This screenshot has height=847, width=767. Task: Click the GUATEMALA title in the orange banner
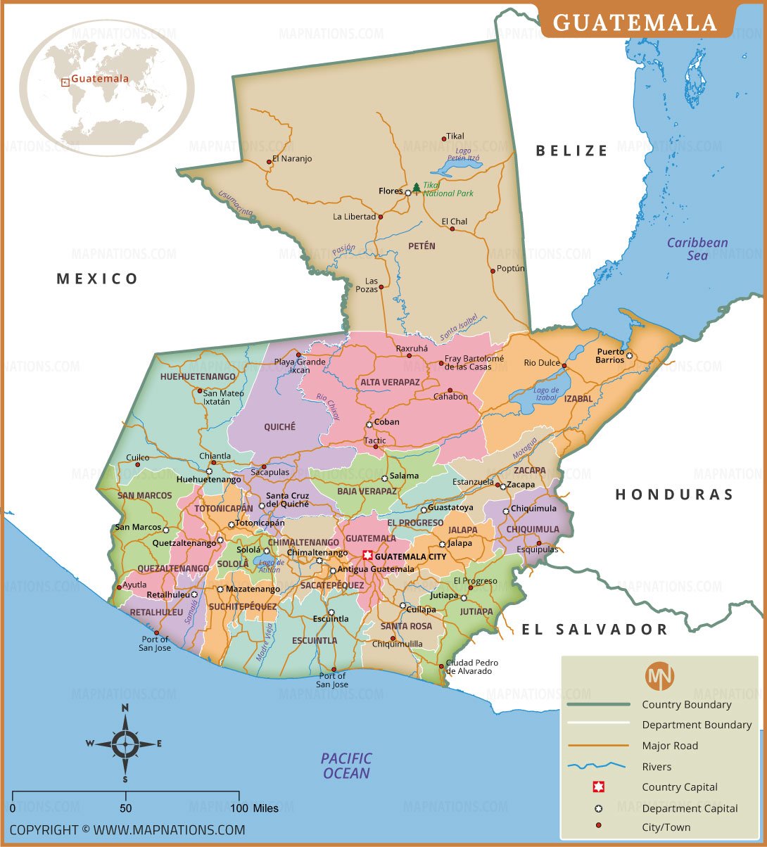[x=635, y=23]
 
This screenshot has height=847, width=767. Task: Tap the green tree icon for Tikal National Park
[x=416, y=188]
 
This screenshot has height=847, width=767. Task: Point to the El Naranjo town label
[x=291, y=159]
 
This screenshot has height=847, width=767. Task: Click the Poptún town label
[x=511, y=269]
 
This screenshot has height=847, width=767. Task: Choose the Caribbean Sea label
[x=697, y=249]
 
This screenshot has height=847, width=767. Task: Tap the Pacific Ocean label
[x=346, y=765]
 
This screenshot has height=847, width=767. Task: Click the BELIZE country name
[x=571, y=150]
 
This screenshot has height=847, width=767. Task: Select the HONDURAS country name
[x=674, y=495]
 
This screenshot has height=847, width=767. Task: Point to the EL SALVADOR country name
[x=594, y=629]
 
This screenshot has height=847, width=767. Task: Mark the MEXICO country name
[x=98, y=279]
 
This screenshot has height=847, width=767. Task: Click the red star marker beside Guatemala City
[x=367, y=556]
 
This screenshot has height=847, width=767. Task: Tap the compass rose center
[x=125, y=742]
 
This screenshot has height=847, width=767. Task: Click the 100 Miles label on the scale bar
[x=255, y=808]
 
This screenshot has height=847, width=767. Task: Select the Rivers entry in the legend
[x=657, y=767]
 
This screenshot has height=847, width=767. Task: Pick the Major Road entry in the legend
[x=670, y=746]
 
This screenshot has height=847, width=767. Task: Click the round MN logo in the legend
[x=659, y=676]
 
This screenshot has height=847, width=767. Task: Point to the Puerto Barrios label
[x=610, y=355]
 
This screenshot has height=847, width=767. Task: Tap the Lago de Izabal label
[x=546, y=394]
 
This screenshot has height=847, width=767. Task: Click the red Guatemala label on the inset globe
[x=100, y=79]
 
